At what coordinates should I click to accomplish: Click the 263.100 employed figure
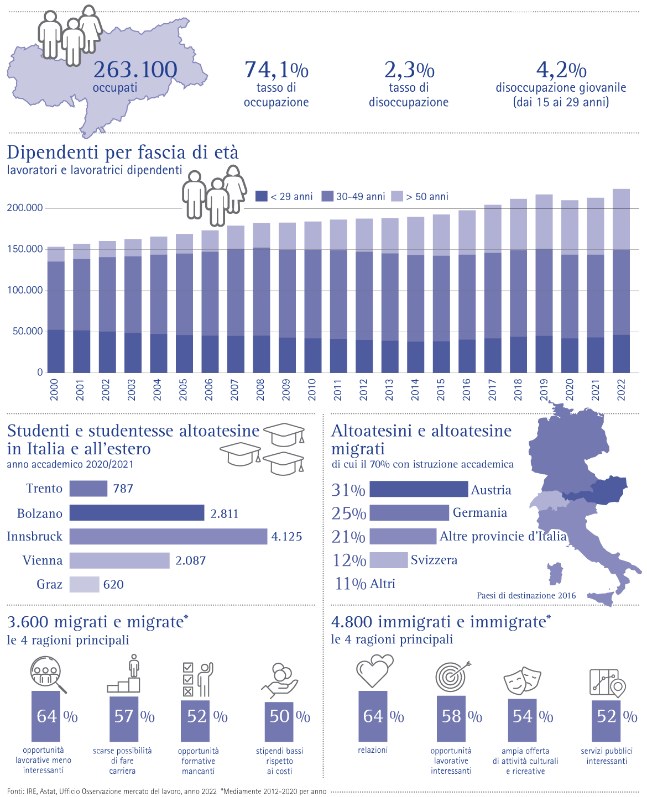tap(135, 70)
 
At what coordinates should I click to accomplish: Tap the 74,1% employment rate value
tap(276, 70)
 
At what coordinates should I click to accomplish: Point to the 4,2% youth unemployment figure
tap(561, 70)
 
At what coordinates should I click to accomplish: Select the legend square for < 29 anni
tap(261, 196)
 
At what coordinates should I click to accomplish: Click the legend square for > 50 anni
tap(397, 196)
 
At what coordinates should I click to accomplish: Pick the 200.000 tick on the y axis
tap(25, 208)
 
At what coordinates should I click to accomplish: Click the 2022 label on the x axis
tap(621, 390)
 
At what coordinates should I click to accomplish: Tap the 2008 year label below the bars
tap(260, 390)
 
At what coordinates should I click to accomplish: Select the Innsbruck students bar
tap(168, 537)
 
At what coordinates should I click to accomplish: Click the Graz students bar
tap(84, 585)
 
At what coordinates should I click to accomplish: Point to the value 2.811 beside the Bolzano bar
tap(224, 514)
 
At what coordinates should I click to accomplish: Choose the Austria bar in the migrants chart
tap(419, 489)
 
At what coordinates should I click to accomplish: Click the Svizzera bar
tap(388, 560)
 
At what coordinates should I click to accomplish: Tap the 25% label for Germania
tap(348, 513)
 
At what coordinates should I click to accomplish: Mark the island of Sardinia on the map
tap(555, 574)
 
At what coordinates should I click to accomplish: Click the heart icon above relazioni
tap(374, 670)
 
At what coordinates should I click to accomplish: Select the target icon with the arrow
tap(452, 676)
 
